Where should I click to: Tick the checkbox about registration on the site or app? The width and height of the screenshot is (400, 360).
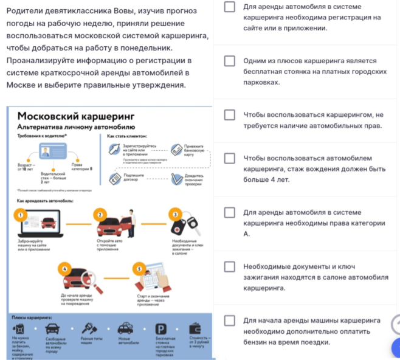pyautogui.click(x=229, y=7)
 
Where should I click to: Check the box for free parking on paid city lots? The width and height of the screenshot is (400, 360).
pyautogui.click(x=229, y=61)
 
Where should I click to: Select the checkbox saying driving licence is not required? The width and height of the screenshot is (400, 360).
pyautogui.click(x=229, y=115)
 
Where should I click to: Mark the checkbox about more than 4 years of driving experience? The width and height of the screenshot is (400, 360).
pyautogui.click(x=229, y=158)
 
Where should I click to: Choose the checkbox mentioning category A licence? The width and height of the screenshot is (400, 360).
pyautogui.click(x=229, y=212)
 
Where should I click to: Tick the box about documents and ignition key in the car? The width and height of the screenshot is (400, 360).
pyautogui.click(x=229, y=266)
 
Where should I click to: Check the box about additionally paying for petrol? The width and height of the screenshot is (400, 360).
pyautogui.click(x=229, y=320)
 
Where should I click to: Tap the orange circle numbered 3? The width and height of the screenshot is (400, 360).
pyautogui.click(x=175, y=214)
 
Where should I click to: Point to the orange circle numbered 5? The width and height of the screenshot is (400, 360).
pyautogui.click(x=139, y=268)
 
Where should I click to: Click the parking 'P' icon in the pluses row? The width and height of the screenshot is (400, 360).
pyautogui.click(x=161, y=328)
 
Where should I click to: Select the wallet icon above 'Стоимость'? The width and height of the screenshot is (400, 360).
pyautogui.click(x=196, y=327)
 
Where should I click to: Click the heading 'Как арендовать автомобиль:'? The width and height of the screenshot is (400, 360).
pyautogui.click(x=44, y=199)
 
